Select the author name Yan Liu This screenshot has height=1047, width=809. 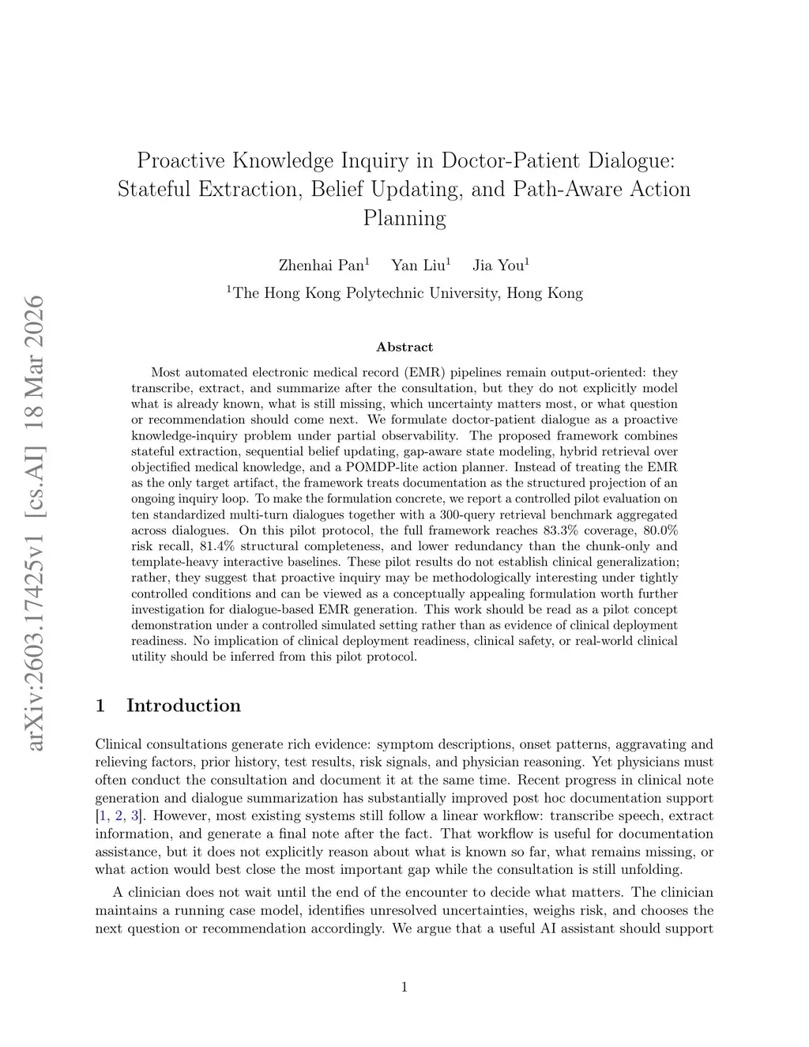click(x=419, y=266)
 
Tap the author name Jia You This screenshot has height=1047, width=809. click(x=499, y=266)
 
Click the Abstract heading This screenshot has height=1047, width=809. click(x=404, y=347)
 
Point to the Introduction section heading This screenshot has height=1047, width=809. click(x=183, y=706)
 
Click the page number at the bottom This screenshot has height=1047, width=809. click(x=404, y=986)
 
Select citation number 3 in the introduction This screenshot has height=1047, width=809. click(x=134, y=816)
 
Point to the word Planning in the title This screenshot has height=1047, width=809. click(x=404, y=218)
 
